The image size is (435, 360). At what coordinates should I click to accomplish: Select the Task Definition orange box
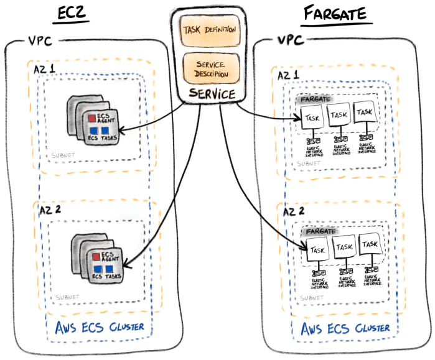(x=205, y=30)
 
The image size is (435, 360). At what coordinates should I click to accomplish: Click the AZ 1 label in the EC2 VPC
(x=45, y=71)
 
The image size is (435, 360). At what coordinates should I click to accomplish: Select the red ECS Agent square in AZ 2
(x=95, y=256)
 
